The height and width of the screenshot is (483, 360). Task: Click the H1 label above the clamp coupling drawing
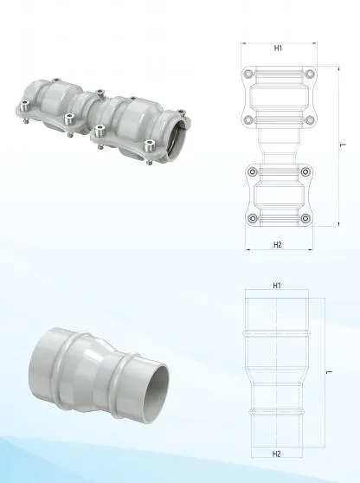coord(278,48)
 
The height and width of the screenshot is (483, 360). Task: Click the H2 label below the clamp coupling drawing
coord(278,245)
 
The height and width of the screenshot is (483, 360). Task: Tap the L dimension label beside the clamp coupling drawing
coord(344,145)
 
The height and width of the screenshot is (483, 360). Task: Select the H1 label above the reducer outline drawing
coord(276,285)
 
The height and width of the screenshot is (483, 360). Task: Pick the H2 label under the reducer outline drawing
coord(276,454)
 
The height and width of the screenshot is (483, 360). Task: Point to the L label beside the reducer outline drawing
coord(331,370)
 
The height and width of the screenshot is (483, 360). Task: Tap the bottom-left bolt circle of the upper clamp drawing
coord(249,119)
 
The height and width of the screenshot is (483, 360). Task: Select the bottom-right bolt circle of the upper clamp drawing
coord(306,119)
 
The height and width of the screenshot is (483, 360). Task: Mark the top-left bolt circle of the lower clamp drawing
coord(249,172)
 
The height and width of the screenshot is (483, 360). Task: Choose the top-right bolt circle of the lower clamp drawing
coord(306,172)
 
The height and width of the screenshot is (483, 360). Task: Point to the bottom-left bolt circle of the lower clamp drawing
coord(249,217)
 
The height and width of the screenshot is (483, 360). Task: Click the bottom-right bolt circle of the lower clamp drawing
coord(306,217)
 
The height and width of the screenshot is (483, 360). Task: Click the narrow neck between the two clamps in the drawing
coord(278,145)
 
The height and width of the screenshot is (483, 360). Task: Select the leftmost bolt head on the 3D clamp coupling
coord(23,106)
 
